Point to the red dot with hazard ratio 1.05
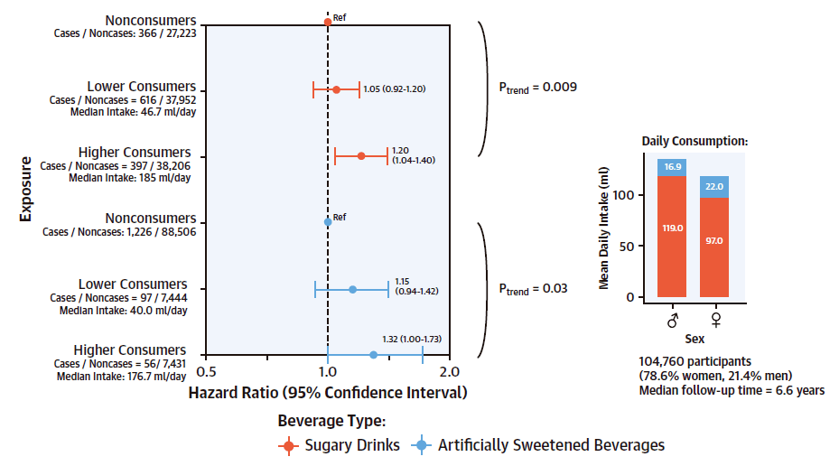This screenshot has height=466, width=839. pos(337,89)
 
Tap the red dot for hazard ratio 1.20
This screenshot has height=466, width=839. pos(361,156)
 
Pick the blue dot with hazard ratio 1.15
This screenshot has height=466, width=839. pos(352,289)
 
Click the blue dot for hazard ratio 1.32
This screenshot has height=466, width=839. pos(373,355)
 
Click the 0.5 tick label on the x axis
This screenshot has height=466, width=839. pos(207,371)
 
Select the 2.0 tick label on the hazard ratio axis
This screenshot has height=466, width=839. pos(449,371)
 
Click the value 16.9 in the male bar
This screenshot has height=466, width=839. pos(672,167)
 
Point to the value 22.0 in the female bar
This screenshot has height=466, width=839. pos(714,186)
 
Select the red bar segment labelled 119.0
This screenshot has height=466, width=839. pos(672,237)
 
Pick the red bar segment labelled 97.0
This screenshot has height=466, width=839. pos(714,247)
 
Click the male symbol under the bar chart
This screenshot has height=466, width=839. pos(672,320)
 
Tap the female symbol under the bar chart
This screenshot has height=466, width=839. pos(714,320)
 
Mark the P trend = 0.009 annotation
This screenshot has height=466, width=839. pos(538,88)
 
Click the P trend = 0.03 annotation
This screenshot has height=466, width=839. pos(534,289)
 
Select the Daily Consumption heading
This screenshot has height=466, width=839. pos(695,141)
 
